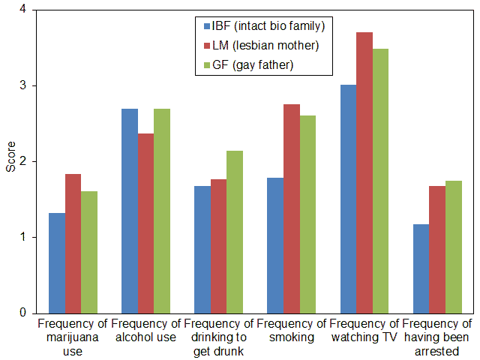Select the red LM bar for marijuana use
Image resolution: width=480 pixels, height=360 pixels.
(x=73, y=243)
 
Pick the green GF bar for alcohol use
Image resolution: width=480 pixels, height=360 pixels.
(x=162, y=211)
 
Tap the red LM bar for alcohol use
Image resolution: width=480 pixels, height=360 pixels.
(x=146, y=223)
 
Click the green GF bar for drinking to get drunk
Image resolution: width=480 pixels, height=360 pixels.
(x=235, y=232)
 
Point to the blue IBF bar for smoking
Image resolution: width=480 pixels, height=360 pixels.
(x=276, y=245)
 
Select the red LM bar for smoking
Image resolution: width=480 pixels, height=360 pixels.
(x=292, y=208)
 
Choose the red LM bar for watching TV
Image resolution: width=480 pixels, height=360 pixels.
(x=365, y=172)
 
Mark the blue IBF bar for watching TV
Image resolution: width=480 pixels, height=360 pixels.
(x=349, y=199)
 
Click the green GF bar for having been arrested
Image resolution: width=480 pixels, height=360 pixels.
(x=454, y=247)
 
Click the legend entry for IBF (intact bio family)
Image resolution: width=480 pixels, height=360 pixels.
(x=258, y=27)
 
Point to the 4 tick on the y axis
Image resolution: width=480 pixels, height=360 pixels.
(x=24, y=10)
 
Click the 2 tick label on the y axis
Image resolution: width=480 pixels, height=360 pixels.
(x=24, y=161)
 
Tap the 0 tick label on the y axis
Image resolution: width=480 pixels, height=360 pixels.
(x=24, y=313)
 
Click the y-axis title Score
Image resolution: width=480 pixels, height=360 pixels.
(x=10, y=161)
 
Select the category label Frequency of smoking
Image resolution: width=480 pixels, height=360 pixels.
(x=291, y=331)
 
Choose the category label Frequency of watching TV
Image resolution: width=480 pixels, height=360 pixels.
(x=364, y=331)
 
